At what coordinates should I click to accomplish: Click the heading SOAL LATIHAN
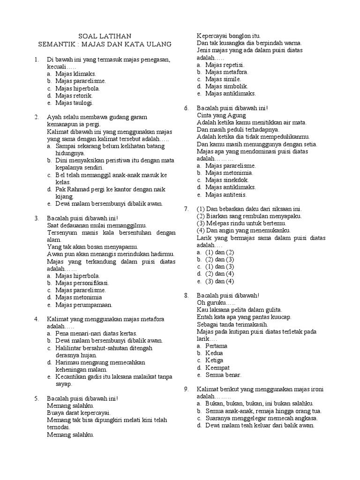[x=105, y=36]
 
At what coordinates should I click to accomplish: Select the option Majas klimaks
[x=75, y=74]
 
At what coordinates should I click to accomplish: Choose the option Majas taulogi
[x=74, y=103]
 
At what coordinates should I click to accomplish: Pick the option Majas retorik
[x=74, y=96]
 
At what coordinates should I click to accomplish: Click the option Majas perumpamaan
[x=84, y=305]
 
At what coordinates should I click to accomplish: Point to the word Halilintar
[x=69, y=348]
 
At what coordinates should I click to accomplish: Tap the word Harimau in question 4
[x=67, y=362]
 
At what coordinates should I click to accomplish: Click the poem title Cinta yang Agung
[x=221, y=115]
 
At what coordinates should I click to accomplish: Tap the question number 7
[x=186, y=209]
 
